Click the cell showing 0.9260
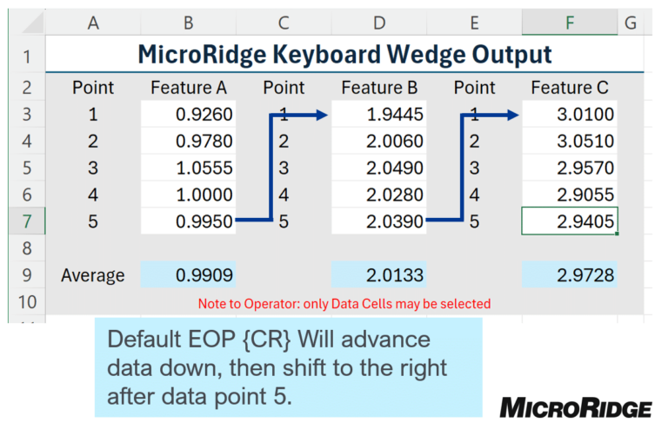[x=188, y=114]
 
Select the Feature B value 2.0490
[x=379, y=168]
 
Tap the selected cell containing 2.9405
[x=570, y=221]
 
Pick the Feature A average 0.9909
[x=188, y=274]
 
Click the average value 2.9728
[x=570, y=274]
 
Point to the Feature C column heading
[x=570, y=88]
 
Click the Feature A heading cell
[x=188, y=88]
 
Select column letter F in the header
[x=570, y=23]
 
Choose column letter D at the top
[x=379, y=23]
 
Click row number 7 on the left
[x=27, y=221]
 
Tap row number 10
[x=27, y=302]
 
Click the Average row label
[x=93, y=275]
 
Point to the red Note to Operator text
[x=344, y=304]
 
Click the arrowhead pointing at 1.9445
[x=322, y=115]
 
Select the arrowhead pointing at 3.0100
[x=512, y=115]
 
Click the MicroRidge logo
[x=576, y=408]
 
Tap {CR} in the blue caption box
[x=267, y=340]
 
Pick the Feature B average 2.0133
[x=379, y=274]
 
